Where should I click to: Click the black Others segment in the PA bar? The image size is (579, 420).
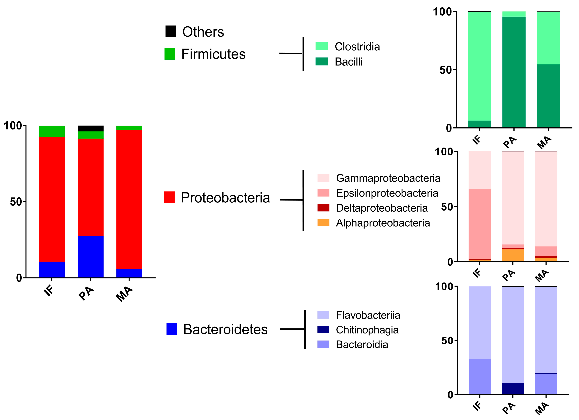tap(91, 128)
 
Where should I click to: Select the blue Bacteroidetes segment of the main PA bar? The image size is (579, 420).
tap(91, 257)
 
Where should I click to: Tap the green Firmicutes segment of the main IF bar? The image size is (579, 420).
tap(52, 132)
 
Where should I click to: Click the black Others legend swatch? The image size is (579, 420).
tap(171, 31)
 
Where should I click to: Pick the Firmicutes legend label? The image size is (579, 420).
tap(213, 54)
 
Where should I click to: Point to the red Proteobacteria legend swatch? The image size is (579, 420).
tap(169, 197)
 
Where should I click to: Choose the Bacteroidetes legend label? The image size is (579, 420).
tap(225, 329)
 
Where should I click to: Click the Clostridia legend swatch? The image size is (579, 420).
tap(321, 46)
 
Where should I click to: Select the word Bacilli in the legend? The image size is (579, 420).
tap(348, 62)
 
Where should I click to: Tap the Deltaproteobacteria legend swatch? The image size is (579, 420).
tap(323, 208)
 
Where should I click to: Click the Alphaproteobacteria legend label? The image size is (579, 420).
tap(383, 223)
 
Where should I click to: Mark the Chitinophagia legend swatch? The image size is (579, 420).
tap(323, 330)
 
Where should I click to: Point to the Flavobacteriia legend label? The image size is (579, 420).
tap(368, 315)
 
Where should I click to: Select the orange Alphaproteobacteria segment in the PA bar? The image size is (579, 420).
tap(513, 255)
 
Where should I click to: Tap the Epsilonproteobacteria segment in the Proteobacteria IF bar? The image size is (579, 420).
tap(479, 224)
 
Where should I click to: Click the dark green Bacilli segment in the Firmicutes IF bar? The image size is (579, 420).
tap(479, 124)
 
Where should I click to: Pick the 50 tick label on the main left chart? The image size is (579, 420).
tap(16, 202)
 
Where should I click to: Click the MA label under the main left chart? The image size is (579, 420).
tap(124, 294)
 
